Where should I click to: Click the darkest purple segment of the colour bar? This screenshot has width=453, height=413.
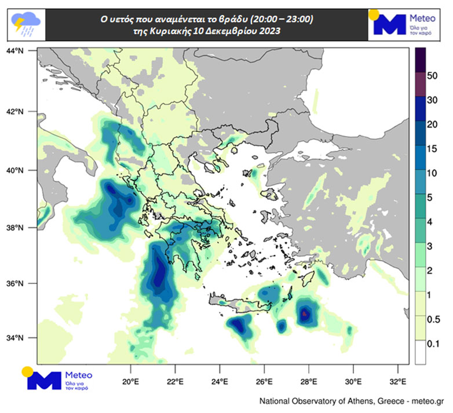[421, 57]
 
